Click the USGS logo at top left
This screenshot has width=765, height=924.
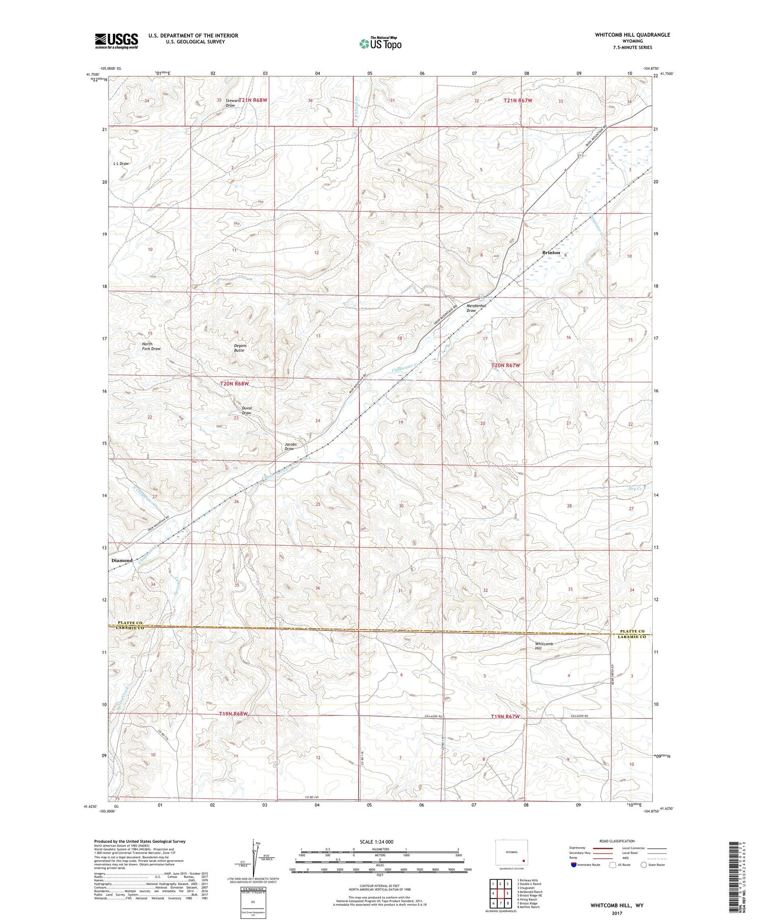pos(116,41)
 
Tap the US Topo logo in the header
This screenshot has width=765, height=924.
pos(380,44)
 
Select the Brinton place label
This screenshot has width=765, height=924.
pos(550,253)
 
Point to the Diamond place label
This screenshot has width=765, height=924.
pos(121,561)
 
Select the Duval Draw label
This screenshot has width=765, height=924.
pos(246,411)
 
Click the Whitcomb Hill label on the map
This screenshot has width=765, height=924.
pos(544,647)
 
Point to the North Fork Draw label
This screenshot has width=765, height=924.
pos(151,347)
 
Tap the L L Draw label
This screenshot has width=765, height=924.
pos(121,164)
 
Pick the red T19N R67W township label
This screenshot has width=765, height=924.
pos(505,717)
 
